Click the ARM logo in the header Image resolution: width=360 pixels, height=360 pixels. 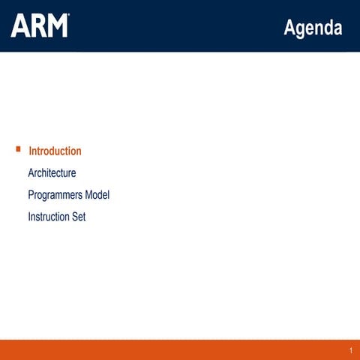39,25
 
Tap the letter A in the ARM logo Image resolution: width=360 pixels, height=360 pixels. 19,25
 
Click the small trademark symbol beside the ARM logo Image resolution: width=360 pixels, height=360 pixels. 69,15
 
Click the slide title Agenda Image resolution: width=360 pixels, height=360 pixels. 313,28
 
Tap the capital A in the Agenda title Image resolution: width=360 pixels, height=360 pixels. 289,28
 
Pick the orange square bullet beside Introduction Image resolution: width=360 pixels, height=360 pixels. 18,149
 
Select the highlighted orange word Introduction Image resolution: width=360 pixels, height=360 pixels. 55,151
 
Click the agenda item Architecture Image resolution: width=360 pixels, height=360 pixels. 52,173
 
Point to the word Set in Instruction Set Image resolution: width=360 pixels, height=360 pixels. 79,217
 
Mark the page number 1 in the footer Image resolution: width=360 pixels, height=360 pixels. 350,351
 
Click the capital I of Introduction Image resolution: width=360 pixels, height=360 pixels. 30,151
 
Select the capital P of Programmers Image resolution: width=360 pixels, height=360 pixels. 31,195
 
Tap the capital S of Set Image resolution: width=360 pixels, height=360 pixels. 74,217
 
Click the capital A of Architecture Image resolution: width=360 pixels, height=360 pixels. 31,173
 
